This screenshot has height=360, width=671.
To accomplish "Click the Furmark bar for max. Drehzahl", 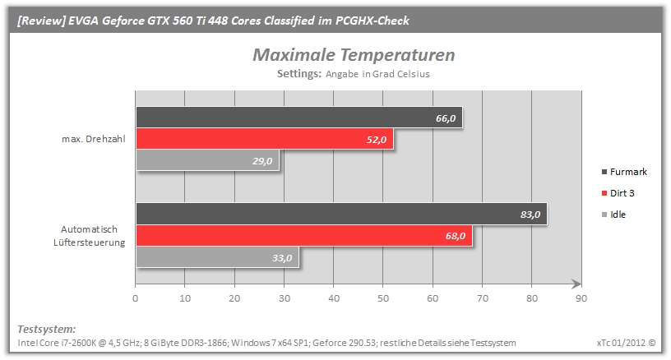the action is [x=299, y=118].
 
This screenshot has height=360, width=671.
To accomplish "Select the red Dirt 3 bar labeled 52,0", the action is [x=265, y=139].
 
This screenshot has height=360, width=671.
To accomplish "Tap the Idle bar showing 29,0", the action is [x=207, y=160].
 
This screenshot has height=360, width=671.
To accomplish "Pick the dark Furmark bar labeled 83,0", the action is [x=341, y=214].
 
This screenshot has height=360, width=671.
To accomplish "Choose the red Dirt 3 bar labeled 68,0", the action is [x=304, y=236].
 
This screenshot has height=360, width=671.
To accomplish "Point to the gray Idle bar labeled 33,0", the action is [x=217, y=257].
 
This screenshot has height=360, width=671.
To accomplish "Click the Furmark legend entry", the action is [x=624, y=172].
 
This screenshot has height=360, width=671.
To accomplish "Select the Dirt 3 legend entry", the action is [x=618, y=193].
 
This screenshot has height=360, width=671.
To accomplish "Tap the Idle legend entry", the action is [x=613, y=215].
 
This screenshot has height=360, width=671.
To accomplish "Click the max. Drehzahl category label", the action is [x=93, y=139].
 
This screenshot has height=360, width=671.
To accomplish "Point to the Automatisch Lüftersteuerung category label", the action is [x=90, y=236].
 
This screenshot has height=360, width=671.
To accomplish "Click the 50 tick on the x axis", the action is [x=383, y=298].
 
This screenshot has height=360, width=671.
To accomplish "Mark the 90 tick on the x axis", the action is [x=581, y=298].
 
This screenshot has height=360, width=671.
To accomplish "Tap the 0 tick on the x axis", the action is [x=135, y=298].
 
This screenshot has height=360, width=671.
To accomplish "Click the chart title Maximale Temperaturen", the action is [x=354, y=55].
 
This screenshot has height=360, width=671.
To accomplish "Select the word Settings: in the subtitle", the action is [x=298, y=73].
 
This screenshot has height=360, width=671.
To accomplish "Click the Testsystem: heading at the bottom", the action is [x=46, y=330].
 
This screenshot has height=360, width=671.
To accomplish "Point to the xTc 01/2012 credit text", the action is [x=626, y=343].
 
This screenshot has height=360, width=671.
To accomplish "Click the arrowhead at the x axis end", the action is [x=576, y=284].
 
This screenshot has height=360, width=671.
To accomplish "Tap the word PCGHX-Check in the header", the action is [x=373, y=21].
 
